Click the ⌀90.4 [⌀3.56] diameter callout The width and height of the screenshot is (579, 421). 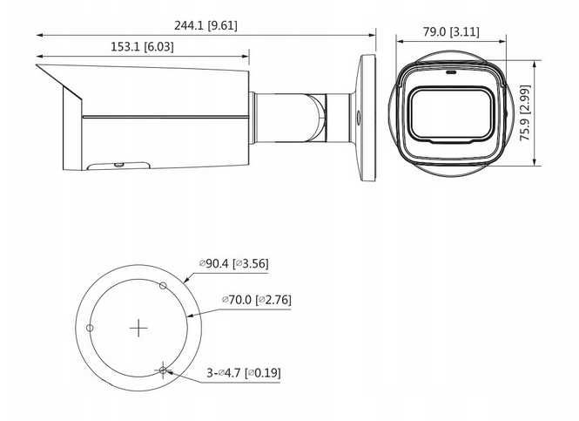pos(232,264)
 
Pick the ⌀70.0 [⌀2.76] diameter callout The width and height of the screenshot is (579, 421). pos(257,300)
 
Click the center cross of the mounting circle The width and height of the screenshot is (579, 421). pos(139,328)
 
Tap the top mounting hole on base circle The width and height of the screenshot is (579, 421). pos(163,285)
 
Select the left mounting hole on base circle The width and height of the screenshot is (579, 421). pos(90,327)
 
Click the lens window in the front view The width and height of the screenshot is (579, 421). pos(450,115)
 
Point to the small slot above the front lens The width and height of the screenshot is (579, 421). pos(451,73)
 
